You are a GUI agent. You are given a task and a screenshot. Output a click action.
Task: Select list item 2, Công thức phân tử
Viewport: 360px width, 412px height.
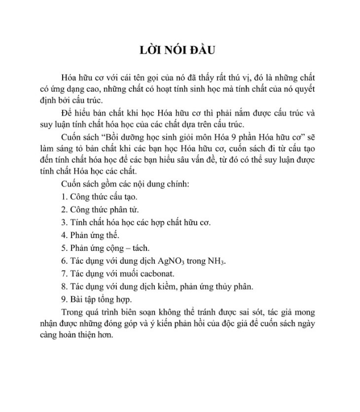[x=101, y=209]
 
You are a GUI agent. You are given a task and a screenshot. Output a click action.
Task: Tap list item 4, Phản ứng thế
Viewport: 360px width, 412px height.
[x=91, y=235]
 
